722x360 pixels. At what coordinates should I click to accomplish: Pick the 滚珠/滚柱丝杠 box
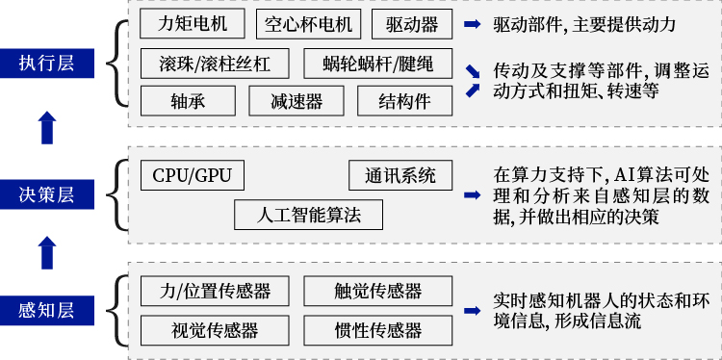pos(215,64)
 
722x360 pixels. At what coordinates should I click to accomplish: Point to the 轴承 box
pos(188,101)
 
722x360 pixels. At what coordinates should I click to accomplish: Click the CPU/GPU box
pos(192,175)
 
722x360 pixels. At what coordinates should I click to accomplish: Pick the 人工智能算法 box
pos(309,214)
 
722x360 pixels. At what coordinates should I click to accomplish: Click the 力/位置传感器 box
pos(215,291)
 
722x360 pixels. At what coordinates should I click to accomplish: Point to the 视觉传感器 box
pos(215,330)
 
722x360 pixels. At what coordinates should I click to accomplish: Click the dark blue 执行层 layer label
pos(46,64)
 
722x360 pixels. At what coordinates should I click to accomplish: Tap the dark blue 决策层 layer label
pos(46,193)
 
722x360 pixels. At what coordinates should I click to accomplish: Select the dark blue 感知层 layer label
pos(46,311)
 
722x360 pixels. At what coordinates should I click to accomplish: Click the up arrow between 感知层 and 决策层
pos(46,253)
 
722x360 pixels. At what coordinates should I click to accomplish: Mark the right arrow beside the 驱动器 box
pos(472,24)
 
